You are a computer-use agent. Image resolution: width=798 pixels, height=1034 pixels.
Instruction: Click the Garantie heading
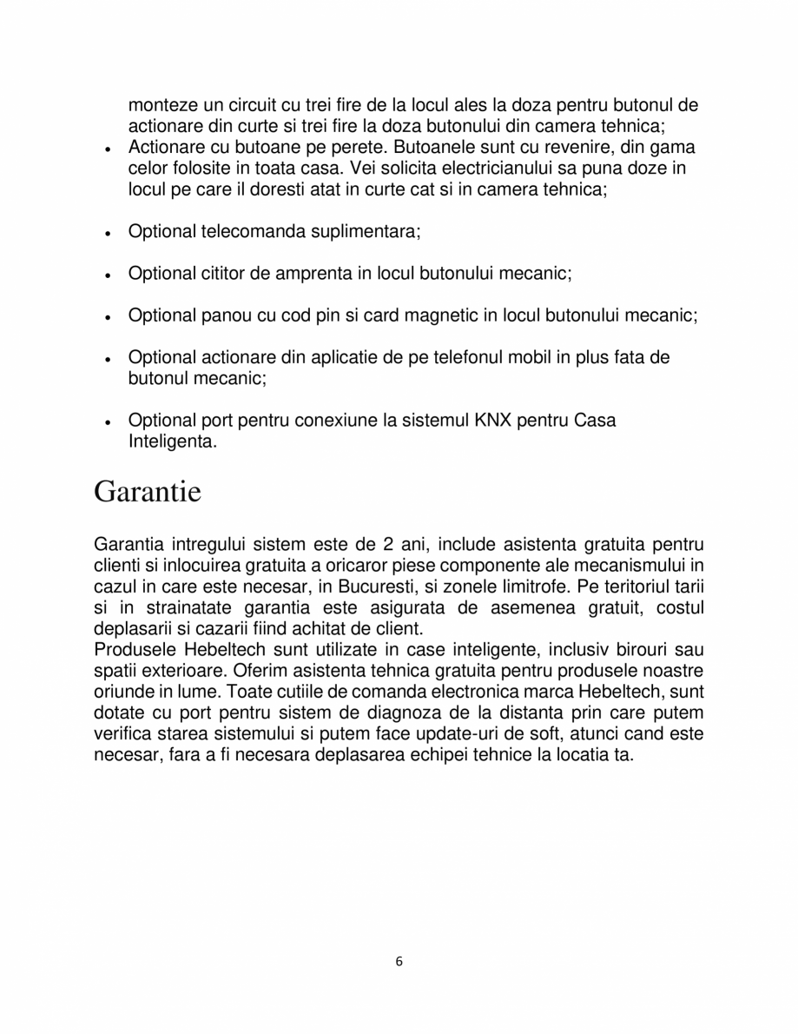click(147, 492)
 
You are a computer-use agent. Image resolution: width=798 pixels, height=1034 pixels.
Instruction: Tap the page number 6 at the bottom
click(399, 961)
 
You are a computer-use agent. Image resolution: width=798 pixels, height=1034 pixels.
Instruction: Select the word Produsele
click(131, 650)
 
